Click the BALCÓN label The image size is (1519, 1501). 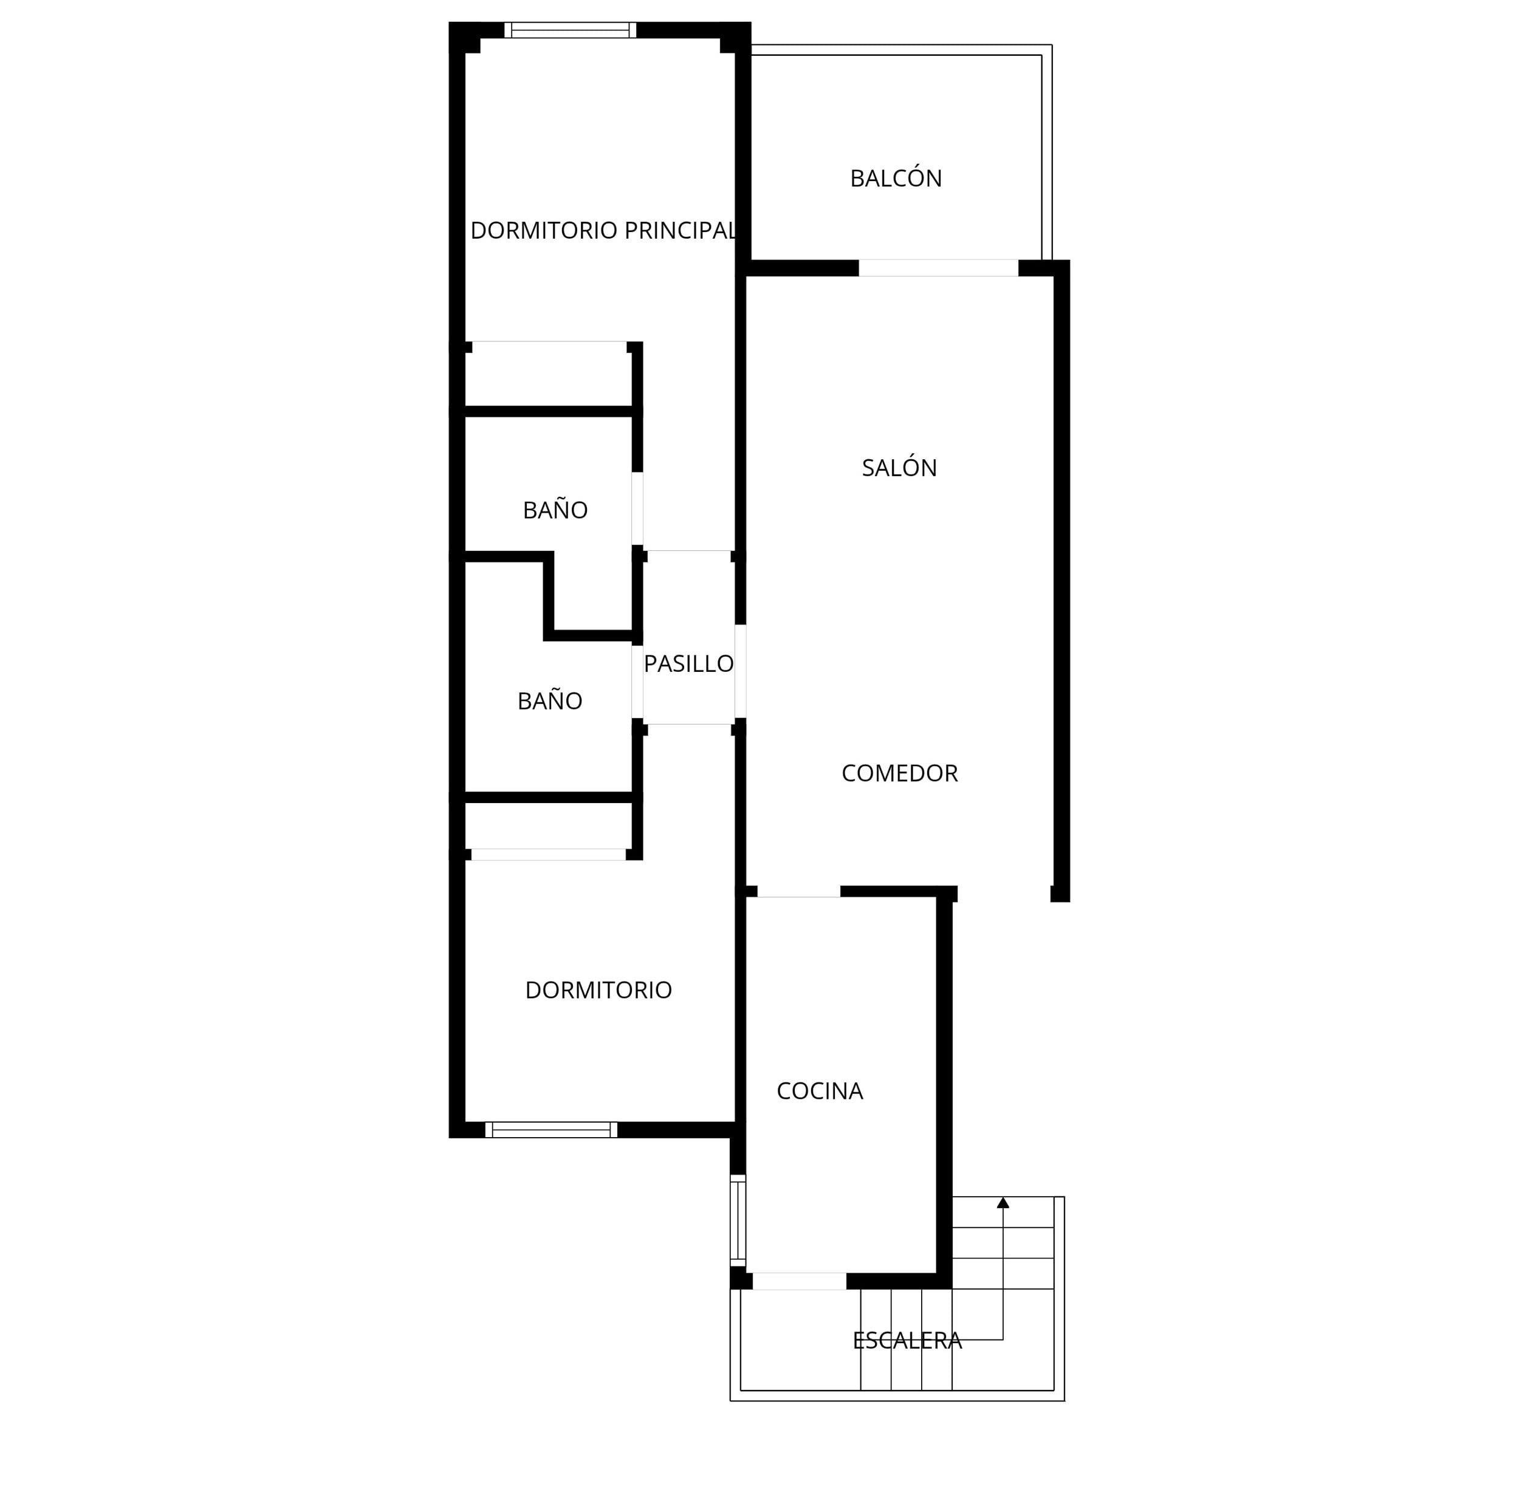(896, 179)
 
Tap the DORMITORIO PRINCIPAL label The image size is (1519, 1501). (603, 230)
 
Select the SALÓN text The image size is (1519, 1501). (899, 468)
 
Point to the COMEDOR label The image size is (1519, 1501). (899, 773)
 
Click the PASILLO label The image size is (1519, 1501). (689, 664)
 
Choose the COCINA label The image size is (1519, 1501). (820, 1091)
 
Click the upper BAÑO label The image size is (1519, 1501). (555, 510)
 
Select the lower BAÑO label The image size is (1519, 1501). (550, 701)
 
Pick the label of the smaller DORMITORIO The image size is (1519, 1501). (598, 990)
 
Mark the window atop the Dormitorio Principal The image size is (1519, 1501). (570, 30)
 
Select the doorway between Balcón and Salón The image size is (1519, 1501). (938, 268)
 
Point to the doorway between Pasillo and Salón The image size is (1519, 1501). (741, 671)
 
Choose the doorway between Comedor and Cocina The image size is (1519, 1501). (799, 891)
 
